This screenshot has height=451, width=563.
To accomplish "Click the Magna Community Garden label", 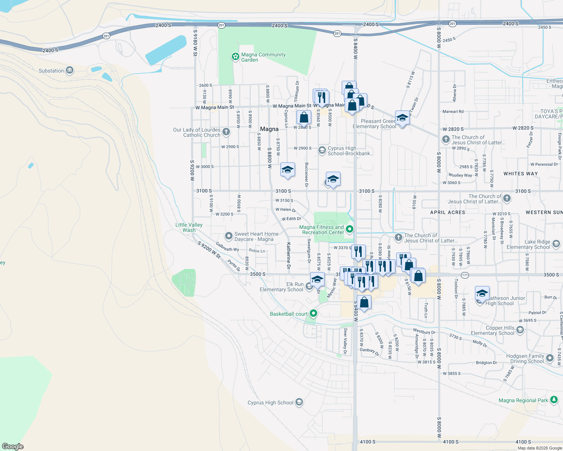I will (263, 57).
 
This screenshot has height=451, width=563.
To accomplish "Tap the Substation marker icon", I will (69, 70).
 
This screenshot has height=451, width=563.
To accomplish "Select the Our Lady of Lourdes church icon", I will (226, 132).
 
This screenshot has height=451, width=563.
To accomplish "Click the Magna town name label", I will (269, 129).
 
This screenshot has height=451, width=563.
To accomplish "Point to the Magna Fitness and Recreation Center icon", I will (350, 229).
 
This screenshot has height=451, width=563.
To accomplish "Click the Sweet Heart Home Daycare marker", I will (228, 236).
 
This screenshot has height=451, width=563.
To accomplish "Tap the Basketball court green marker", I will (313, 313).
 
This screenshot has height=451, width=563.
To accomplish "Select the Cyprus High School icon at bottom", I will (299, 403).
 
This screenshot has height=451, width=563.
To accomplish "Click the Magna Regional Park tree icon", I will (554, 400).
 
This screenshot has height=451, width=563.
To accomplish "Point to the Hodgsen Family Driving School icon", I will (550, 358).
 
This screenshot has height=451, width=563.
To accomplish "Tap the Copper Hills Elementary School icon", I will (520, 330).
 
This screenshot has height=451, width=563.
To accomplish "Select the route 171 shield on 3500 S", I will (465, 275).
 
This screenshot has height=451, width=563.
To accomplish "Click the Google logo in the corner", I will (13, 446).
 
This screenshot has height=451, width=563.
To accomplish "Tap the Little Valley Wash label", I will (189, 227).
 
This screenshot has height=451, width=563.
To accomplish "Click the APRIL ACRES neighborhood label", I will (447, 212).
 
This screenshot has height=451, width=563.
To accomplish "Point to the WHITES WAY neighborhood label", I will (520, 174).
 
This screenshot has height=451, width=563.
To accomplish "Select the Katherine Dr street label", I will (289, 256).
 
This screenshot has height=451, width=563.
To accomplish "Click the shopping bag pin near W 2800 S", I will (304, 118).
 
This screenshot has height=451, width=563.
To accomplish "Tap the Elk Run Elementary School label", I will (281, 287).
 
